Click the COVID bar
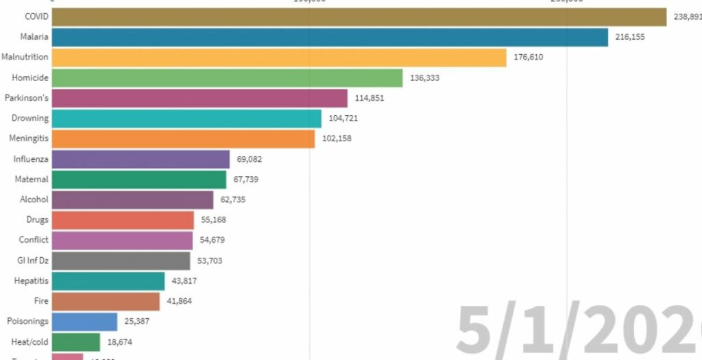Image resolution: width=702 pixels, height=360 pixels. [x=359, y=17]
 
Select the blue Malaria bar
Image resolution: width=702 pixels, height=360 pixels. [x=330, y=37]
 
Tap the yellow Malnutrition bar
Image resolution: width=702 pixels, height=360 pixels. [x=278, y=58]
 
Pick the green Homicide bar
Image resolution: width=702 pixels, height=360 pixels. [x=226, y=78]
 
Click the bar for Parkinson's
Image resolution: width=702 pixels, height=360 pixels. [x=199, y=98]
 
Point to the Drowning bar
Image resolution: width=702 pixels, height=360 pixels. [x=186, y=119]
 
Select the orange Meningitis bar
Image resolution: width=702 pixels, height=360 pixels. [x=183, y=139]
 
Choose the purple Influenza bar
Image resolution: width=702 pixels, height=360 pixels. [x=141, y=159]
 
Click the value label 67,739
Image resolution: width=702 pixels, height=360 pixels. [x=245, y=180]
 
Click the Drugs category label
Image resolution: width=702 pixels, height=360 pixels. [x=38, y=220]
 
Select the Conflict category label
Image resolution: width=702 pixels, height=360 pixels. [x=34, y=240]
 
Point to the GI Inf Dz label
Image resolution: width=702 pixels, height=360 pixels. [x=33, y=261]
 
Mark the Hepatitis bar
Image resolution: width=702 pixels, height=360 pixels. [x=108, y=281]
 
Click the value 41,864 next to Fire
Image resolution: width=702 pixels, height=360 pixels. [x=178, y=301]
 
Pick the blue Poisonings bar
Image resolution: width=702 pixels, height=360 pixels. [x=84, y=322]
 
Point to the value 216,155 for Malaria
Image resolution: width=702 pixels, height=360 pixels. [x=630, y=37]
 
